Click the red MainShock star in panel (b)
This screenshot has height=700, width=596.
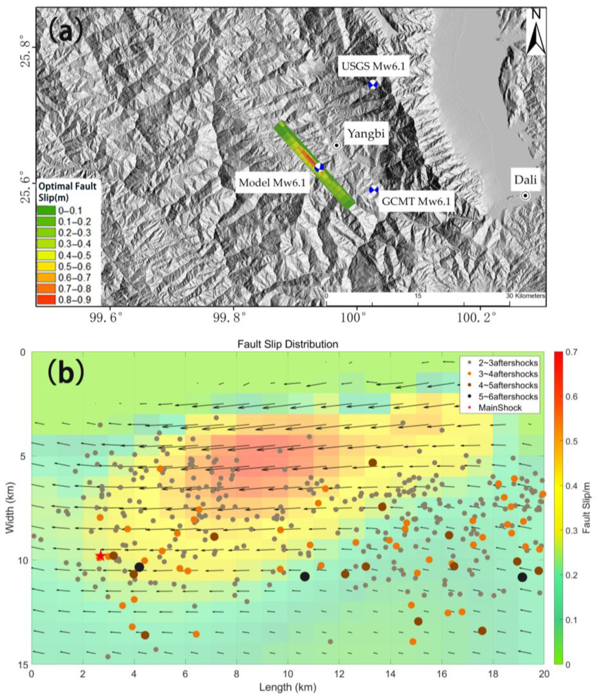click(x=100, y=556)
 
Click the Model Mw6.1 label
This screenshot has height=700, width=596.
click(x=272, y=183)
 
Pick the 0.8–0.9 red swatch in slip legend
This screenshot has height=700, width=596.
click(x=46, y=300)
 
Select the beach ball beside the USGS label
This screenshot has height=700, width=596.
click(x=372, y=85)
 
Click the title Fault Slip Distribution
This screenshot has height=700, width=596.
click(x=287, y=344)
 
